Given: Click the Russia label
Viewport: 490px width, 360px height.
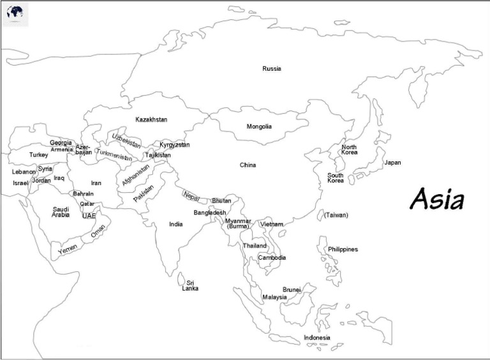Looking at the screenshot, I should click(x=271, y=68).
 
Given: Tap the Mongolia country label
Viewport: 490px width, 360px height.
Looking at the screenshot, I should click(x=259, y=126).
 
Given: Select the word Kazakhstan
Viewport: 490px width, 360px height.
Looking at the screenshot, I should click(x=151, y=119).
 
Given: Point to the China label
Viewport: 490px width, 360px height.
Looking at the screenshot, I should click(x=248, y=165).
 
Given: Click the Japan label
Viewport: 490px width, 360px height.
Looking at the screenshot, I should click(x=392, y=162).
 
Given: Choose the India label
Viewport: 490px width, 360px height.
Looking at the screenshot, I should click(x=175, y=224).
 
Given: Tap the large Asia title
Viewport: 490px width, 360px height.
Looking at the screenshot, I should click(x=437, y=199).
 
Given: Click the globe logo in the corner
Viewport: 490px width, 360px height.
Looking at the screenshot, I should click(x=15, y=13).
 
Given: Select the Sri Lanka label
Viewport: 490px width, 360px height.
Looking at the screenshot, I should click(x=190, y=285).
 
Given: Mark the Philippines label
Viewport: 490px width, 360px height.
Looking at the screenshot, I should click(x=343, y=249).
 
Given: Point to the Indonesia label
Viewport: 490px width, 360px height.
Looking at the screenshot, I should click(x=317, y=337).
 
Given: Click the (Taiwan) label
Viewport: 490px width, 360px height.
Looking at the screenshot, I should click(x=336, y=215).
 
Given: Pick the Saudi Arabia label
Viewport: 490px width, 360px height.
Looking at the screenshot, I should click(x=61, y=212).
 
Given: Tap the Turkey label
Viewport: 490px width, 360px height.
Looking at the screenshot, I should click(x=38, y=154).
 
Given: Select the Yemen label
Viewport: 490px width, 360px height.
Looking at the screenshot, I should click(x=68, y=250).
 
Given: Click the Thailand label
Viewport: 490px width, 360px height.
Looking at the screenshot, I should click(x=255, y=246).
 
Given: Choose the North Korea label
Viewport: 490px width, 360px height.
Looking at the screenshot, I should click(x=349, y=150).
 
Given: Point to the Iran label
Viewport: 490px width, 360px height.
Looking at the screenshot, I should click(x=96, y=183).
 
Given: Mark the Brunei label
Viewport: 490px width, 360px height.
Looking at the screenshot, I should click(x=292, y=290).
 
